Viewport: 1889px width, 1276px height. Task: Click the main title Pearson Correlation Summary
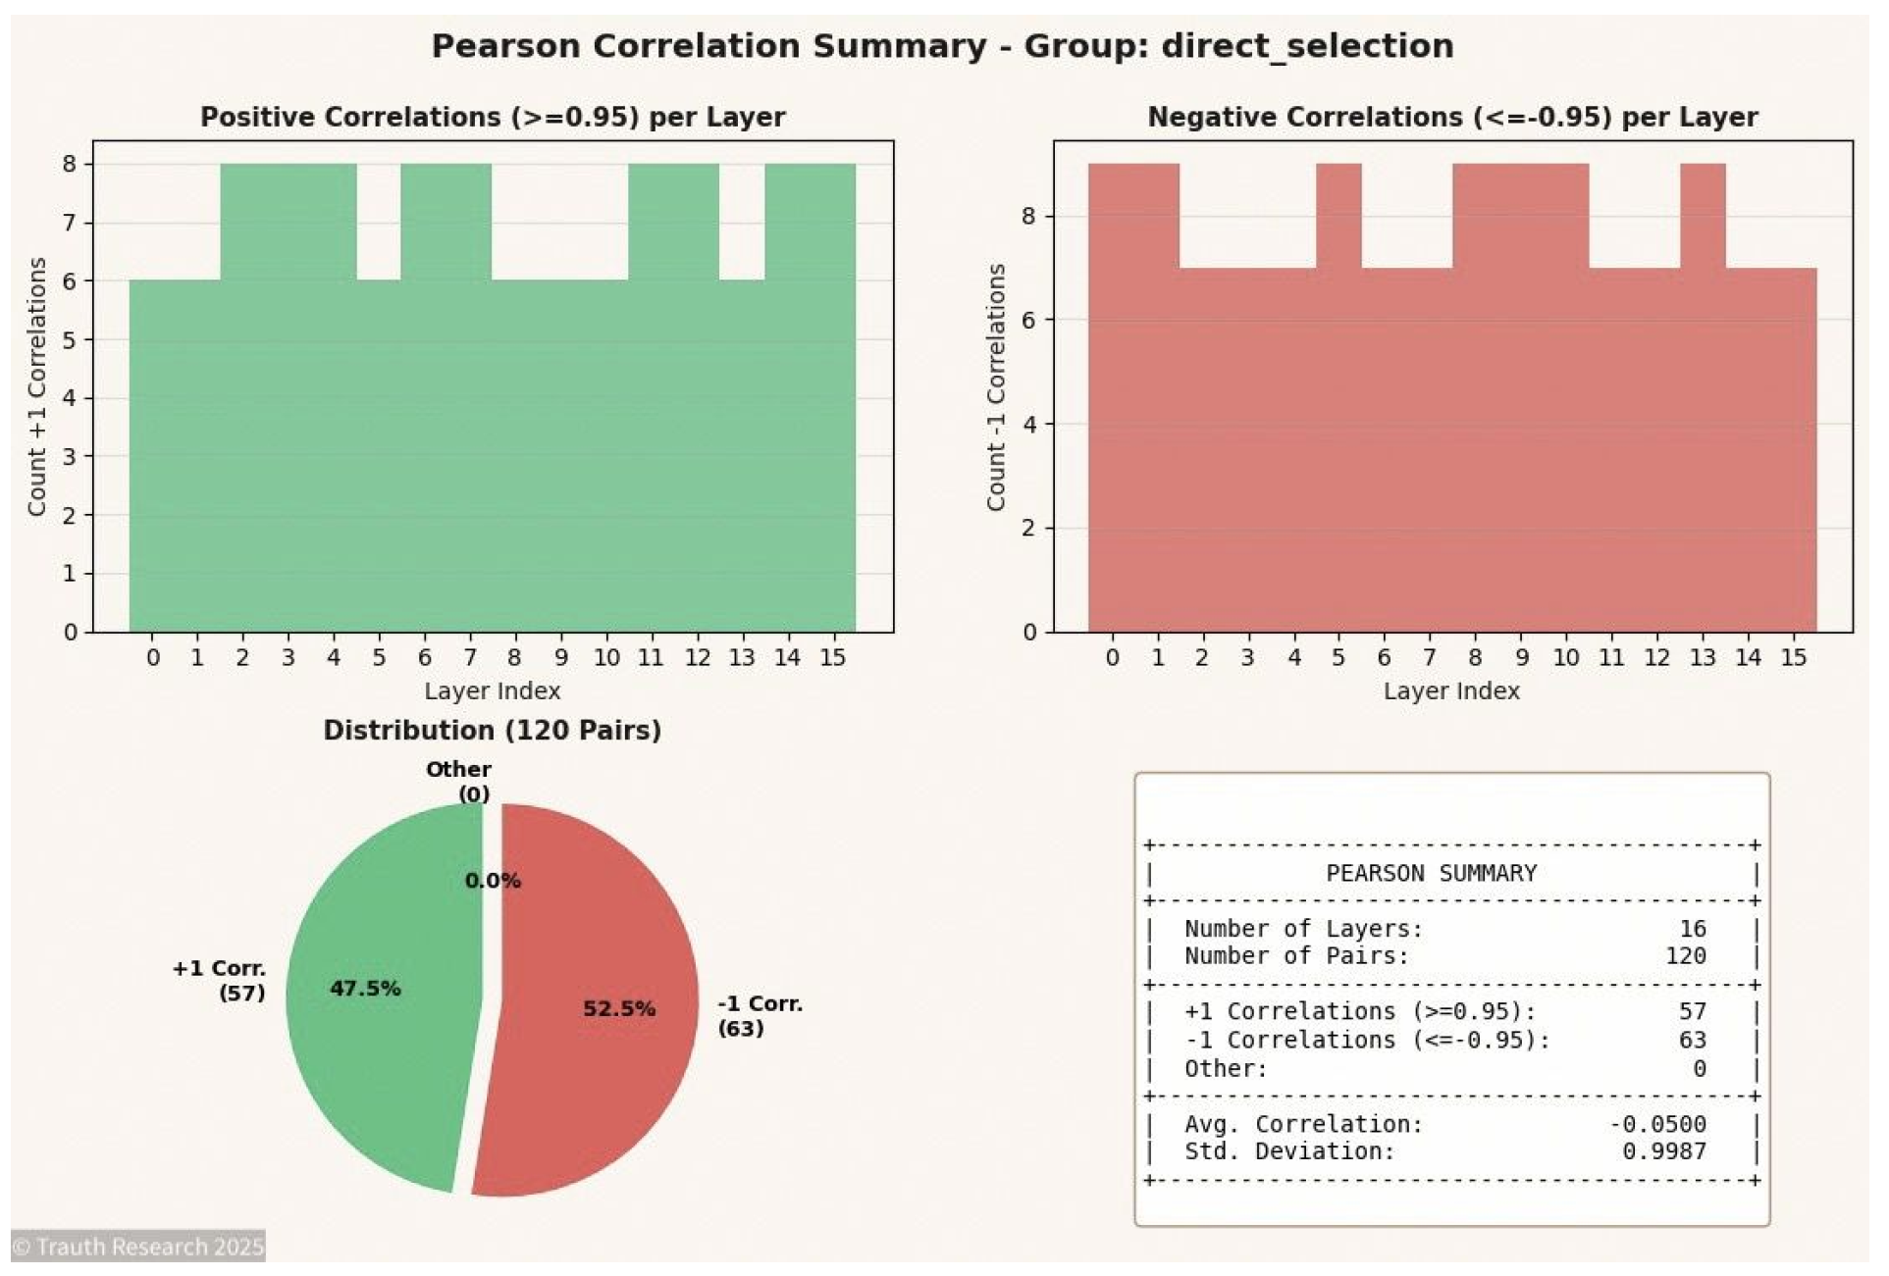tap(942, 46)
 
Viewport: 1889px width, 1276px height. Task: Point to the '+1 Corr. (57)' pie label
tap(219, 980)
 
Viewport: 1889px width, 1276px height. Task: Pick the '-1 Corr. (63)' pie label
tap(759, 1015)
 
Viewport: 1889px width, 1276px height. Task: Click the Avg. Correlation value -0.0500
tap(1657, 1124)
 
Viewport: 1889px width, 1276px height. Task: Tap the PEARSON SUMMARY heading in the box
tap(1431, 873)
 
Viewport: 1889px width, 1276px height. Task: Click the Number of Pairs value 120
tap(1685, 955)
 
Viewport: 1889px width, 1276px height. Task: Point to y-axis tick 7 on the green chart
tap(69, 223)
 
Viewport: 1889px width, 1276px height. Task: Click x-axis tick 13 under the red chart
tap(1703, 657)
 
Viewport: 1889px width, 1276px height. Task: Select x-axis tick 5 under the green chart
tap(379, 657)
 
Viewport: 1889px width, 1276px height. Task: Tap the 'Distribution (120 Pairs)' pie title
tap(492, 731)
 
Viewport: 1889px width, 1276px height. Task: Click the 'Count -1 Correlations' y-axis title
tap(996, 386)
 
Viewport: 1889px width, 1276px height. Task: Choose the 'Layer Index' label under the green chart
tap(492, 690)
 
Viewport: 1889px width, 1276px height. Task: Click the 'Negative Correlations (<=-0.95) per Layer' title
tap(1452, 117)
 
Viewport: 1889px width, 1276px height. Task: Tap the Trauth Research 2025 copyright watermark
tap(138, 1246)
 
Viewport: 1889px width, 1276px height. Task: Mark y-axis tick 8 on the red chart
tap(1028, 216)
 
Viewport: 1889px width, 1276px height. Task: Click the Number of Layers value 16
tap(1692, 928)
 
